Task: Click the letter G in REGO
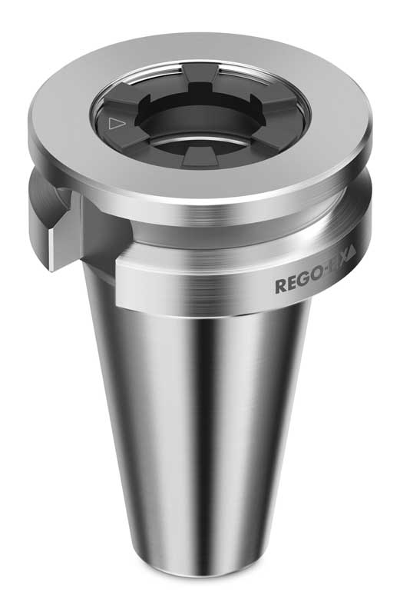pos(303,285)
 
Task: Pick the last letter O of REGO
pos(316,283)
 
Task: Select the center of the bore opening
pos(201,127)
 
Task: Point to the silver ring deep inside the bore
pos(201,146)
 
